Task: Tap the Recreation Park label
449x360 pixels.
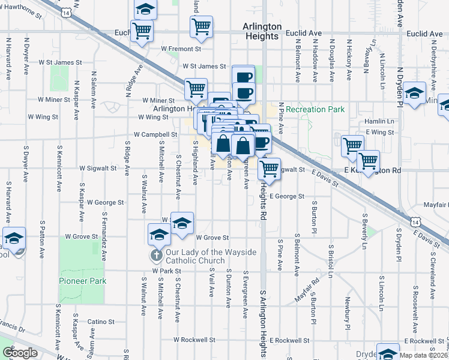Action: pyautogui.click(x=315, y=109)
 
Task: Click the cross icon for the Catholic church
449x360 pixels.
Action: pyautogui.click(x=155, y=256)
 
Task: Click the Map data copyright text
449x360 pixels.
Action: pyautogui.click(x=423, y=355)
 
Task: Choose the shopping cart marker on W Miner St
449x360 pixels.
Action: pyautogui.click(x=196, y=89)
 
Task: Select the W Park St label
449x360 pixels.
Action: pyautogui.click(x=166, y=271)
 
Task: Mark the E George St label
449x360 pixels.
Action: pyautogui.click(x=287, y=196)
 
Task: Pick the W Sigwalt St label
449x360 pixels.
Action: pyautogui.click(x=97, y=169)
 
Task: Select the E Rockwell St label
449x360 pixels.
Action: pyautogui.click(x=290, y=340)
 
